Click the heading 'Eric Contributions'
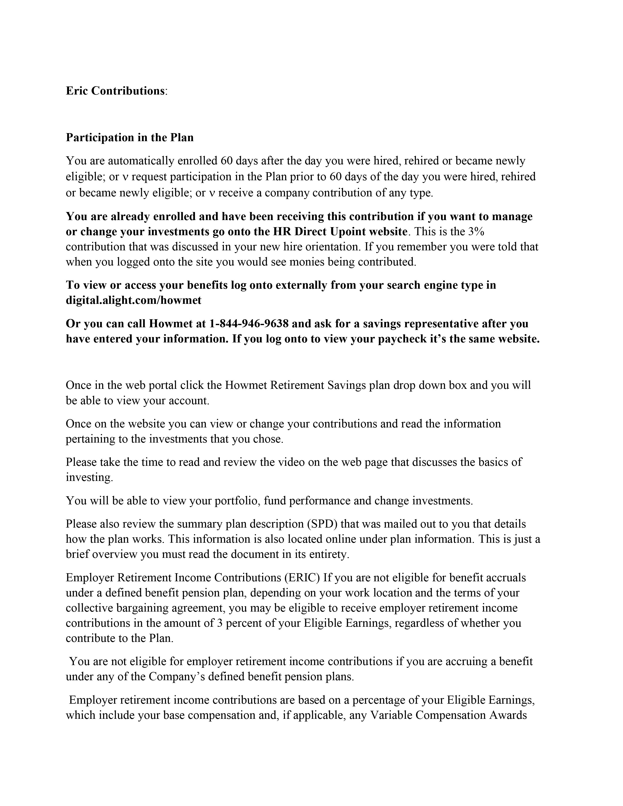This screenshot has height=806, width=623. tap(115, 91)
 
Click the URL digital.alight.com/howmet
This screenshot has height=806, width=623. tap(134, 300)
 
